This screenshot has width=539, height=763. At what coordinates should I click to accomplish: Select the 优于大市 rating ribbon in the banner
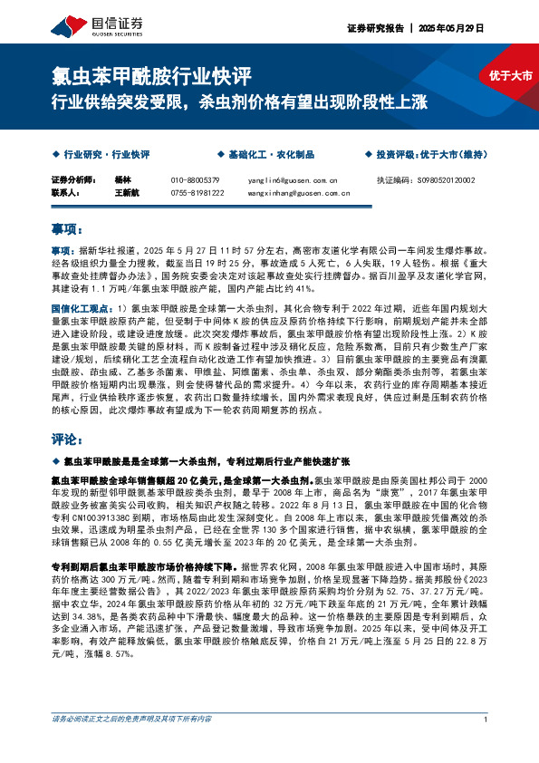[x=511, y=76]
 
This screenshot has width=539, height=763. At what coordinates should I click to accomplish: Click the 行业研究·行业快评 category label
[x=106, y=155]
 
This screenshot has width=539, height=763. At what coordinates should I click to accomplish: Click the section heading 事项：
[x=68, y=230]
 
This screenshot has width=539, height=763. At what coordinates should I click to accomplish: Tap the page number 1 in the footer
[x=486, y=745]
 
